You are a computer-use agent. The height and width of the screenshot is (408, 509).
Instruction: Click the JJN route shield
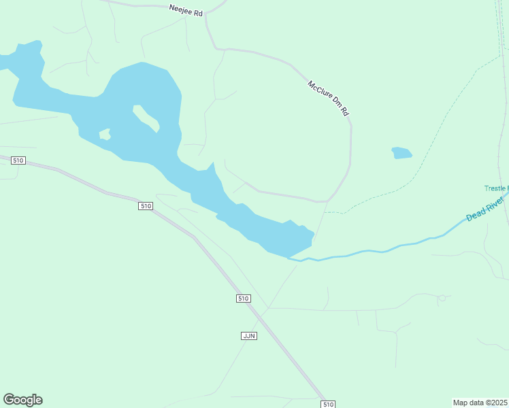pyautogui.click(x=249, y=336)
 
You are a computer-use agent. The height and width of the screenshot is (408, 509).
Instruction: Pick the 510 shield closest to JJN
pyautogui.click(x=244, y=299)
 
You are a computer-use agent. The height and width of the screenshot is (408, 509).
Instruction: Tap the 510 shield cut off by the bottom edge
pyautogui.click(x=329, y=404)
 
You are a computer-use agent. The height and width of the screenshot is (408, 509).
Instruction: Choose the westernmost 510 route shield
pyautogui.click(x=18, y=160)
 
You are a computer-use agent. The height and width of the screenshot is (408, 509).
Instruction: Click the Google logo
pyautogui.click(x=22, y=400)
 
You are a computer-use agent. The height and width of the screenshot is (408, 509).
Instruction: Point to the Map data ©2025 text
pyautogui.click(x=480, y=402)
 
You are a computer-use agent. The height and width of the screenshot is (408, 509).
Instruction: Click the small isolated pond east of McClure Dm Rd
pyautogui.click(x=401, y=153)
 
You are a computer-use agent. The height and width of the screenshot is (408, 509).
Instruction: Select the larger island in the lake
pyautogui.click(x=146, y=118)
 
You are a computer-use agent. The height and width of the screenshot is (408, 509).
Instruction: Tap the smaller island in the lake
pyautogui.click(x=105, y=134)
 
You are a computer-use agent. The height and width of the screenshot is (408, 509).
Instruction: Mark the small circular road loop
pyautogui.click(x=442, y=298)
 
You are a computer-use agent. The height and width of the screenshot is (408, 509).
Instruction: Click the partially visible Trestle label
pyautogui.click(x=496, y=188)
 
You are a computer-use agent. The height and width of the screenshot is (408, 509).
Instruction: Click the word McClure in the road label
pyautogui.click(x=320, y=91)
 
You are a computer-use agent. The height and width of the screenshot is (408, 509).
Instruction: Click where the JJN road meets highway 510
pyautogui.click(x=264, y=311)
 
